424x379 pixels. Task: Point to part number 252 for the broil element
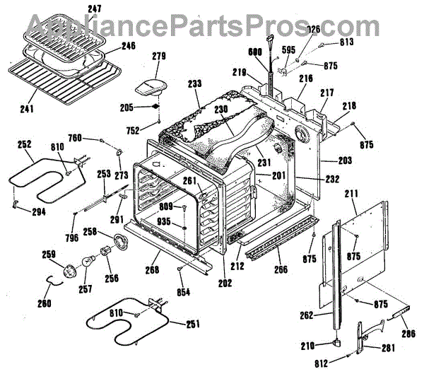tap(25, 144)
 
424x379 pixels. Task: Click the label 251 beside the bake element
tap(192, 324)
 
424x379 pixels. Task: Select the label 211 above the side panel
tap(351, 192)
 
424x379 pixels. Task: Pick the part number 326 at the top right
tap(314, 30)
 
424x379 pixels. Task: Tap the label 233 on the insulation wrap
tap(195, 83)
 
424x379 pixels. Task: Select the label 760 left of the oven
tap(94, 138)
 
